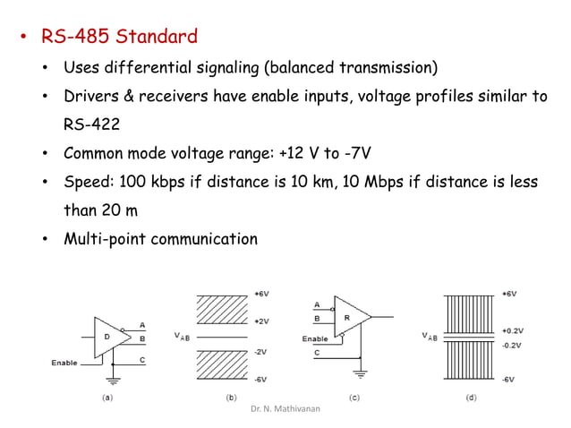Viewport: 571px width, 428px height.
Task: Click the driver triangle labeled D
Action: pyautogui.click(x=108, y=338)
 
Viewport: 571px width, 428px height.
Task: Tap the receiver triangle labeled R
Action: pyautogui.click(x=350, y=316)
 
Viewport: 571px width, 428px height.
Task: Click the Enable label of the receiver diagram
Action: pyautogui.click(x=315, y=338)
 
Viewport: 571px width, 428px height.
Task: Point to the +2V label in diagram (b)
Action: pyautogui.click(x=261, y=320)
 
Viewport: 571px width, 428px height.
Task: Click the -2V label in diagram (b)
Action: pyautogui.click(x=260, y=351)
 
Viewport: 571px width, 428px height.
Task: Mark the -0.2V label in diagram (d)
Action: pyautogui.click(x=511, y=343)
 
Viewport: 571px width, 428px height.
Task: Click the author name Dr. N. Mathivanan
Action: pyautogui.click(x=285, y=407)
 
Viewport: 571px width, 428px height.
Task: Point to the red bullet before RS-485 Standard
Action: pyautogui.click(x=25, y=39)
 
